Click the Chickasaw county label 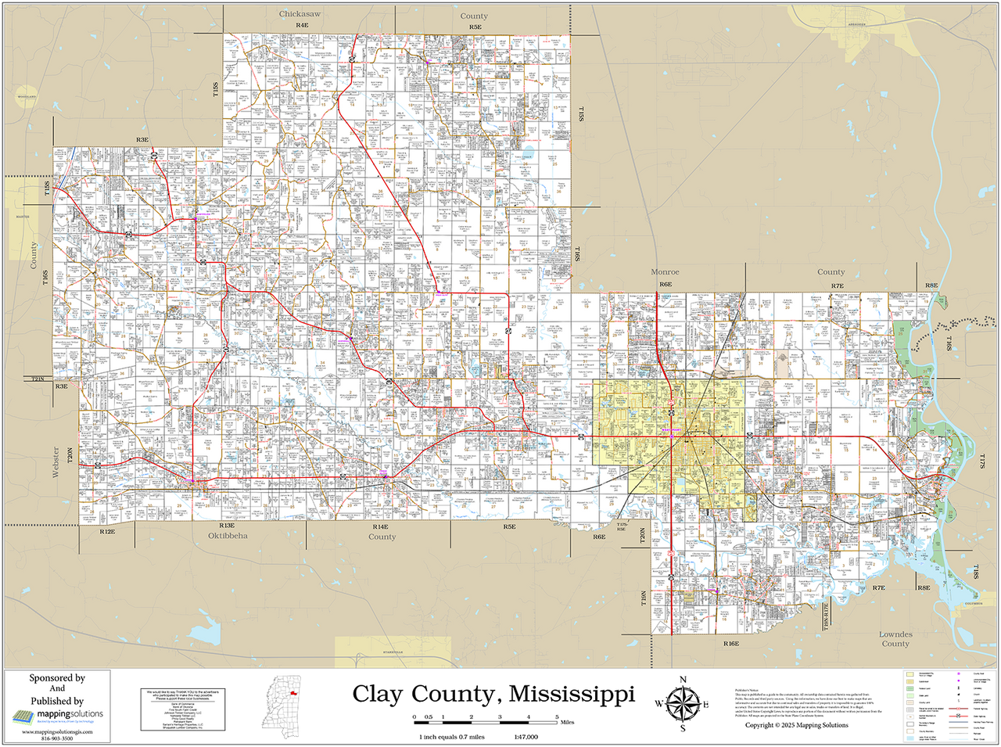point(300,14)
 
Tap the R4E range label point(303,26)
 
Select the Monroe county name point(666,272)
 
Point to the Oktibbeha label point(228,536)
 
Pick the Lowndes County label point(895,639)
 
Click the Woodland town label point(27,97)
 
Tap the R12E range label point(108,531)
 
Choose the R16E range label point(731,644)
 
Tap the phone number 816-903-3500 point(57,738)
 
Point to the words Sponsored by point(57,678)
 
